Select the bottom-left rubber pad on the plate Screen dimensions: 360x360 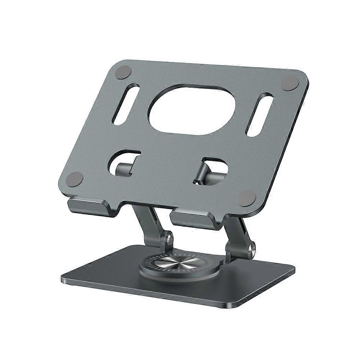pyautogui.click(x=75, y=179)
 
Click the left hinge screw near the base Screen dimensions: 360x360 pyautogui.click(x=167, y=238)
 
